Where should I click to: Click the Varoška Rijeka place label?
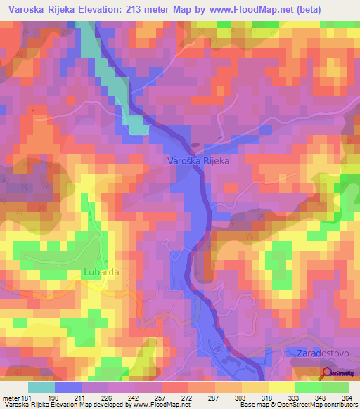tap(199, 160)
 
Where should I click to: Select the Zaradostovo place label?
tap(316, 353)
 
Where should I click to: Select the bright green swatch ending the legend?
tap(335, 387)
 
